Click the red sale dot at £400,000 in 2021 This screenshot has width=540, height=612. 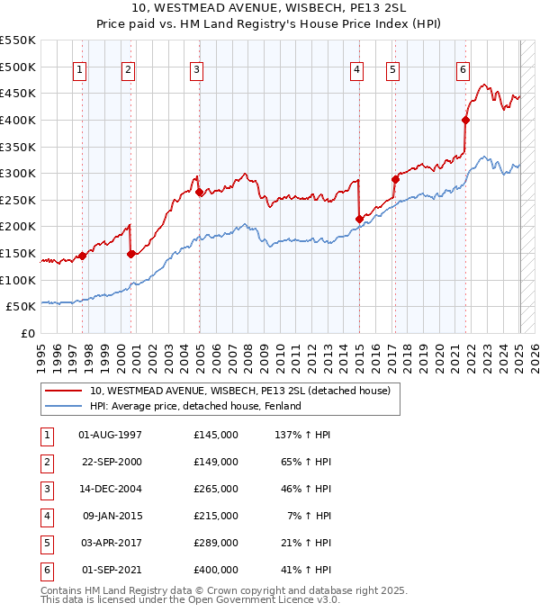coord(466,120)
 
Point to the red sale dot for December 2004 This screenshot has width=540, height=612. coord(199,192)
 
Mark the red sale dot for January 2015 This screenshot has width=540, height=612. coord(359,219)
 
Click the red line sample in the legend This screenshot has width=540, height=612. coord(63,391)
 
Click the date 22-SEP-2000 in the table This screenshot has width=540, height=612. coord(111,462)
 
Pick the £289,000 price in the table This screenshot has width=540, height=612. coord(215,543)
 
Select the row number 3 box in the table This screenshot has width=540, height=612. coord(45,489)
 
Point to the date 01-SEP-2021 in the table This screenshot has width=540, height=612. coord(111,570)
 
